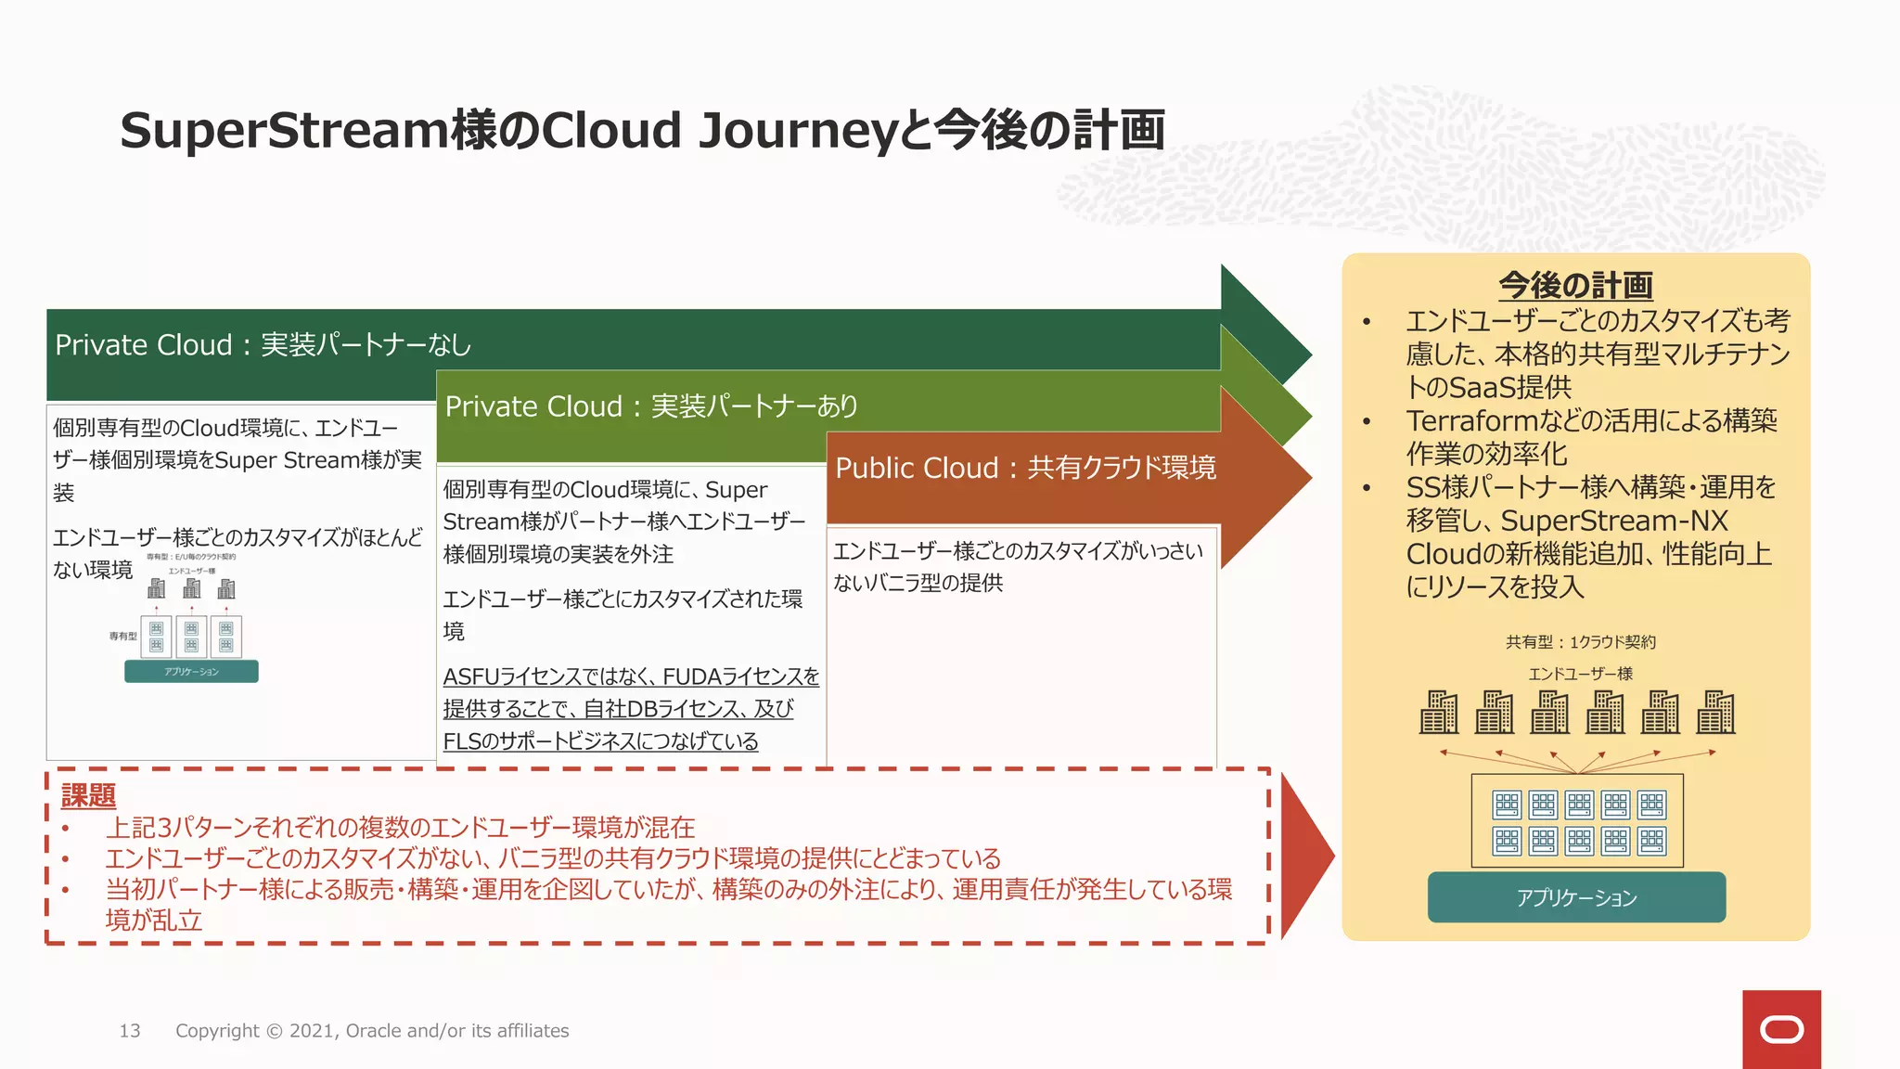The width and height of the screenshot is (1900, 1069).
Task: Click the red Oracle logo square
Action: click(x=1780, y=1029)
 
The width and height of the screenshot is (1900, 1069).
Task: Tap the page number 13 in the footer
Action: click(x=130, y=1031)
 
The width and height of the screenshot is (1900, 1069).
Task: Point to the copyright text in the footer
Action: click(x=372, y=1031)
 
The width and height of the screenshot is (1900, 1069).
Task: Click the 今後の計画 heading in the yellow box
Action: click(x=1575, y=285)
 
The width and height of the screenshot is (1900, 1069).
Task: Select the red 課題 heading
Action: click(x=88, y=795)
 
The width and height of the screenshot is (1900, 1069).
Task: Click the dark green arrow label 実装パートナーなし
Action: click(x=366, y=345)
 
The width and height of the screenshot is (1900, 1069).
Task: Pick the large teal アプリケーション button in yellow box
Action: click(x=1576, y=897)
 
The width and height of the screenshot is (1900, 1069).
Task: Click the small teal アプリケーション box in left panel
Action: click(x=191, y=672)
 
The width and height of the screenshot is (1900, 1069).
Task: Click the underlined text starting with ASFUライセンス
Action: click(x=631, y=677)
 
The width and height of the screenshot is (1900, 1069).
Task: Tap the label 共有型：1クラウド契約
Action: click(x=1580, y=642)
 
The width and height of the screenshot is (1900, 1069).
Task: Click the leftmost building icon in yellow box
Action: click(x=1439, y=713)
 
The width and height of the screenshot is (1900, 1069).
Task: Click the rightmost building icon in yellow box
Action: click(x=1715, y=713)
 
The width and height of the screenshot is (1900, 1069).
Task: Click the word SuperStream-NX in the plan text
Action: click(x=1614, y=521)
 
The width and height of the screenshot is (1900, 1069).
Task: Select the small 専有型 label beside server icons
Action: click(x=122, y=637)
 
